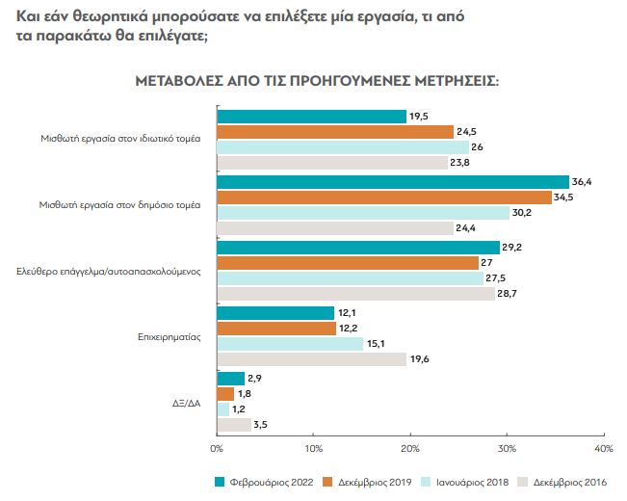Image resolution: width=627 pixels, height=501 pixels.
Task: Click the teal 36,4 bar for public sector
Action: coord(393,182)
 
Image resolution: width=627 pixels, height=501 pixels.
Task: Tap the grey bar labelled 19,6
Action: coord(312,359)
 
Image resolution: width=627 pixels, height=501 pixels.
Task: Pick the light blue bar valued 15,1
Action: coord(290,344)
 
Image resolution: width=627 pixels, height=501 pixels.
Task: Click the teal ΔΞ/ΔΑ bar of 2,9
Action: coord(231,379)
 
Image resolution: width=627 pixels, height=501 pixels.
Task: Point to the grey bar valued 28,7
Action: coord(355,294)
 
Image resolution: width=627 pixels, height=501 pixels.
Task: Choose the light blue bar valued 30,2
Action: coord(363,213)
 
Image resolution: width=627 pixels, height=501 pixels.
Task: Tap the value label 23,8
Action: coord(463,163)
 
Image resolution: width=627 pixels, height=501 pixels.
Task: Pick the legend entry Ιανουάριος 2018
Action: coord(465,482)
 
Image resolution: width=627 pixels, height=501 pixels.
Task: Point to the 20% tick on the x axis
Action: coord(410,448)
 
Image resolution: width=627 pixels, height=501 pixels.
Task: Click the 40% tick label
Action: coord(604,448)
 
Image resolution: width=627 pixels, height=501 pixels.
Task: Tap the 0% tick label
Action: coord(217,448)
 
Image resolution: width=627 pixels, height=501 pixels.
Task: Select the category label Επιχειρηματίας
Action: coord(170,337)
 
